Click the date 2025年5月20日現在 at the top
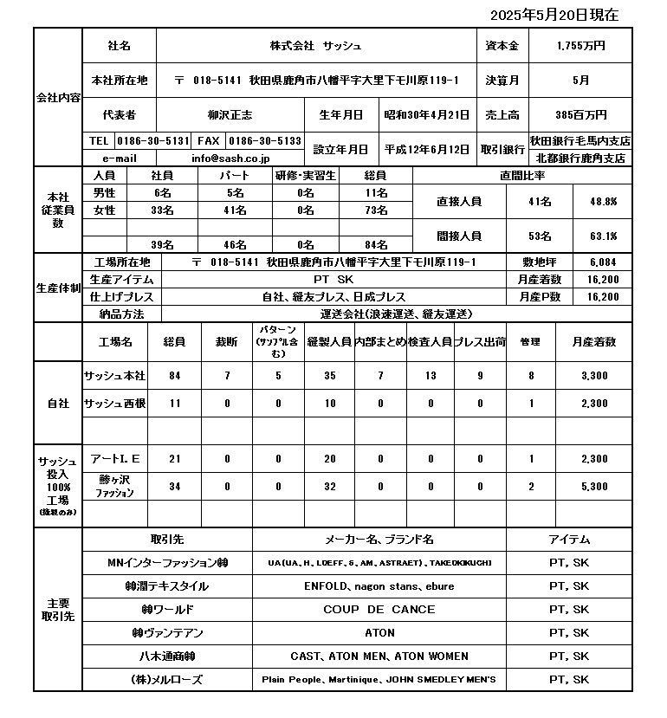554,15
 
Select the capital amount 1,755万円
580,46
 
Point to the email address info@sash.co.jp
230,158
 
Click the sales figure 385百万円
580,114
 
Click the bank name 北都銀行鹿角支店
580,158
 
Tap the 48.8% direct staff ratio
602,201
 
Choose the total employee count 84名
375,244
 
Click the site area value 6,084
603,262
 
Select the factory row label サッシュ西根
114,404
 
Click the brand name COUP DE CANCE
379,609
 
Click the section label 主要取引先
58,609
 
